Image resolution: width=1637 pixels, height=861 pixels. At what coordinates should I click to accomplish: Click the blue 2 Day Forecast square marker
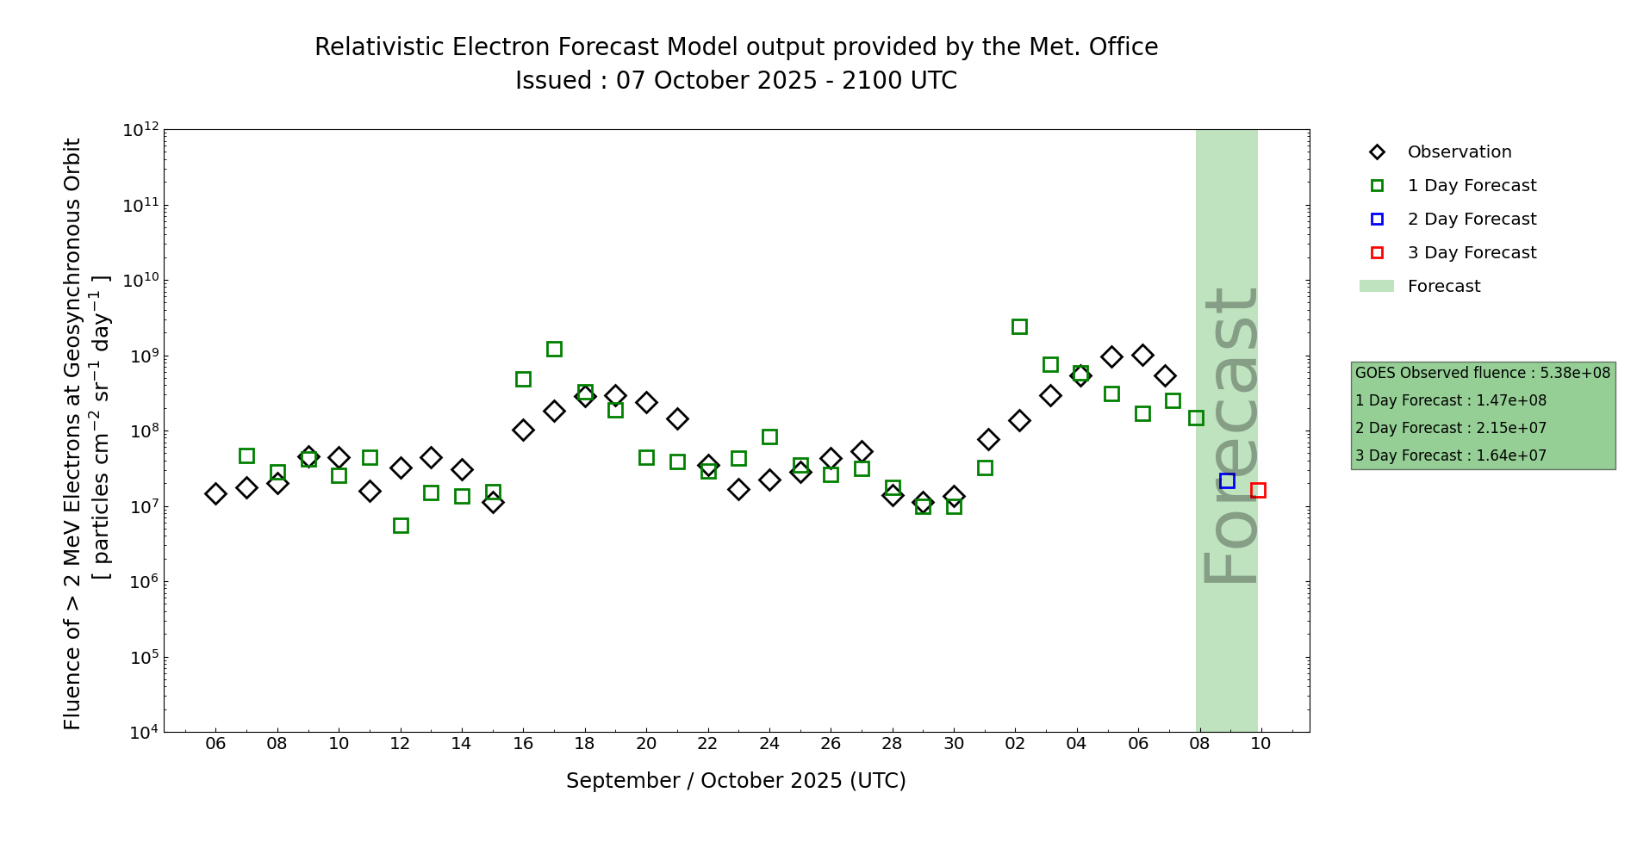tap(1227, 480)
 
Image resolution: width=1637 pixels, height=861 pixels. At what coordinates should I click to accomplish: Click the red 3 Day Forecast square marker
tap(1258, 490)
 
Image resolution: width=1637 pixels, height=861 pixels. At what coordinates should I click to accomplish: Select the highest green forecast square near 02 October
tap(1019, 326)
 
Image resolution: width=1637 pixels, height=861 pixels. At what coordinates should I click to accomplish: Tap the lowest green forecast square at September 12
tap(401, 525)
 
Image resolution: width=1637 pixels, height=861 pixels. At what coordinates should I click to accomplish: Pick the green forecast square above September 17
tap(554, 349)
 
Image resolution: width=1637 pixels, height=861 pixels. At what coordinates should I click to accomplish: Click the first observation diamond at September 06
tap(215, 493)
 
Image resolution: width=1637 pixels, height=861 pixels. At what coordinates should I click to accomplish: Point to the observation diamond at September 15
tap(493, 502)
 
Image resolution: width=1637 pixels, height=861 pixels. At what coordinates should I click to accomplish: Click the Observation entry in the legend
tap(1459, 152)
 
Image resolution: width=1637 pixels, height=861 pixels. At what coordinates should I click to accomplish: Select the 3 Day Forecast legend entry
tap(1472, 253)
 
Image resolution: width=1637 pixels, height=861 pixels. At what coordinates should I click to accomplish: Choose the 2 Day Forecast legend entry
tap(1472, 220)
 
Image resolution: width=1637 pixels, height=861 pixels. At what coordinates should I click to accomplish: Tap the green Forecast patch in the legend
tap(1377, 287)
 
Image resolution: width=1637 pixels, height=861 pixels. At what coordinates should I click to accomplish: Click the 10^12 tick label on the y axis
tap(141, 130)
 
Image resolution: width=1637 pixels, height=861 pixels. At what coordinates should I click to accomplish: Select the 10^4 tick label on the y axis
tap(141, 733)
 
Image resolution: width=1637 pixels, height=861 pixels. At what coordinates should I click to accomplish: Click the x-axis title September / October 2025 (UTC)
tap(736, 781)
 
